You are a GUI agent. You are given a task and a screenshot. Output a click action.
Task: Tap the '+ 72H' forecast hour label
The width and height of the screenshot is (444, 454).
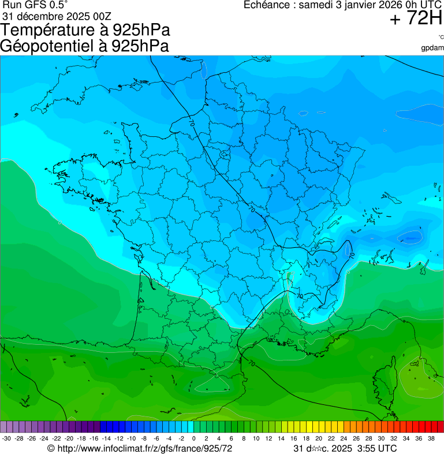pyautogui.click(x=416, y=19)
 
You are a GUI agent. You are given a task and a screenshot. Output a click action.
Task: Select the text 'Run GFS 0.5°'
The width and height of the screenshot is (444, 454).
pyautogui.click(x=35, y=5)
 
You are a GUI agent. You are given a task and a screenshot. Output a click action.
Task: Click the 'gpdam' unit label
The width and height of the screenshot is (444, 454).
pyautogui.click(x=432, y=48)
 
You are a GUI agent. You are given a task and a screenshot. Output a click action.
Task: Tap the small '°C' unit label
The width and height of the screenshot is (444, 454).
pyautogui.click(x=441, y=38)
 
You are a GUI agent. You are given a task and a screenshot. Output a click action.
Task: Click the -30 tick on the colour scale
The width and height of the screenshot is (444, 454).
pyautogui.click(x=6, y=439)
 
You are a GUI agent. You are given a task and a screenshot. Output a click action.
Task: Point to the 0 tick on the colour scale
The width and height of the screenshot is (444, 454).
pyautogui.click(x=193, y=439)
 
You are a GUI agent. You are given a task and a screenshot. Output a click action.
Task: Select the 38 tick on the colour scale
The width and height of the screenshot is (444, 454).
pyautogui.click(x=431, y=439)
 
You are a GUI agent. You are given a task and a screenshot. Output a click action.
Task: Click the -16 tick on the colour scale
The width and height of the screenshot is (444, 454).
pyautogui.click(x=94, y=439)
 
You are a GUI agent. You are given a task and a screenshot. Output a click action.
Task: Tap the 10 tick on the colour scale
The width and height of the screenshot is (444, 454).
pyautogui.click(x=256, y=439)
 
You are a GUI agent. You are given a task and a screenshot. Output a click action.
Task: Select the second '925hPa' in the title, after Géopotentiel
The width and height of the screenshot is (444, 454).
pyautogui.click(x=141, y=46)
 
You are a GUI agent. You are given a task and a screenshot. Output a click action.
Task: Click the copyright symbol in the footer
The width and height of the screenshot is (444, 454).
pyautogui.click(x=51, y=448)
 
